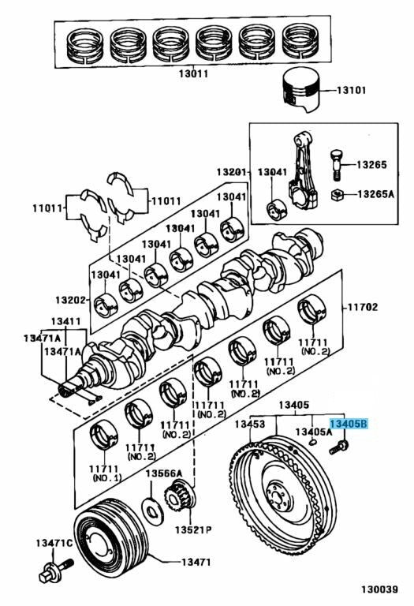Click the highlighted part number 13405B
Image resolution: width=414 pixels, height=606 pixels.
pos(349,424)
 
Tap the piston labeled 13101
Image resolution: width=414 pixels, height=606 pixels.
pos(301,92)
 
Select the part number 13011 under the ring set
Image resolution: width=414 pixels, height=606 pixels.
pos(193,73)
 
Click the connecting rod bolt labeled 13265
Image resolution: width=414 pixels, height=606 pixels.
pos(336,165)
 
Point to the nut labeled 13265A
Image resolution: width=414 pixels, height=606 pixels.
pos(338,195)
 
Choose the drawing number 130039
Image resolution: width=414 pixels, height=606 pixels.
pos(379,589)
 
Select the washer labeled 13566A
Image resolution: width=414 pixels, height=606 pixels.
pos(151,510)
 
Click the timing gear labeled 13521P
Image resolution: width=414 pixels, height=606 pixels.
pos(180,496)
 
